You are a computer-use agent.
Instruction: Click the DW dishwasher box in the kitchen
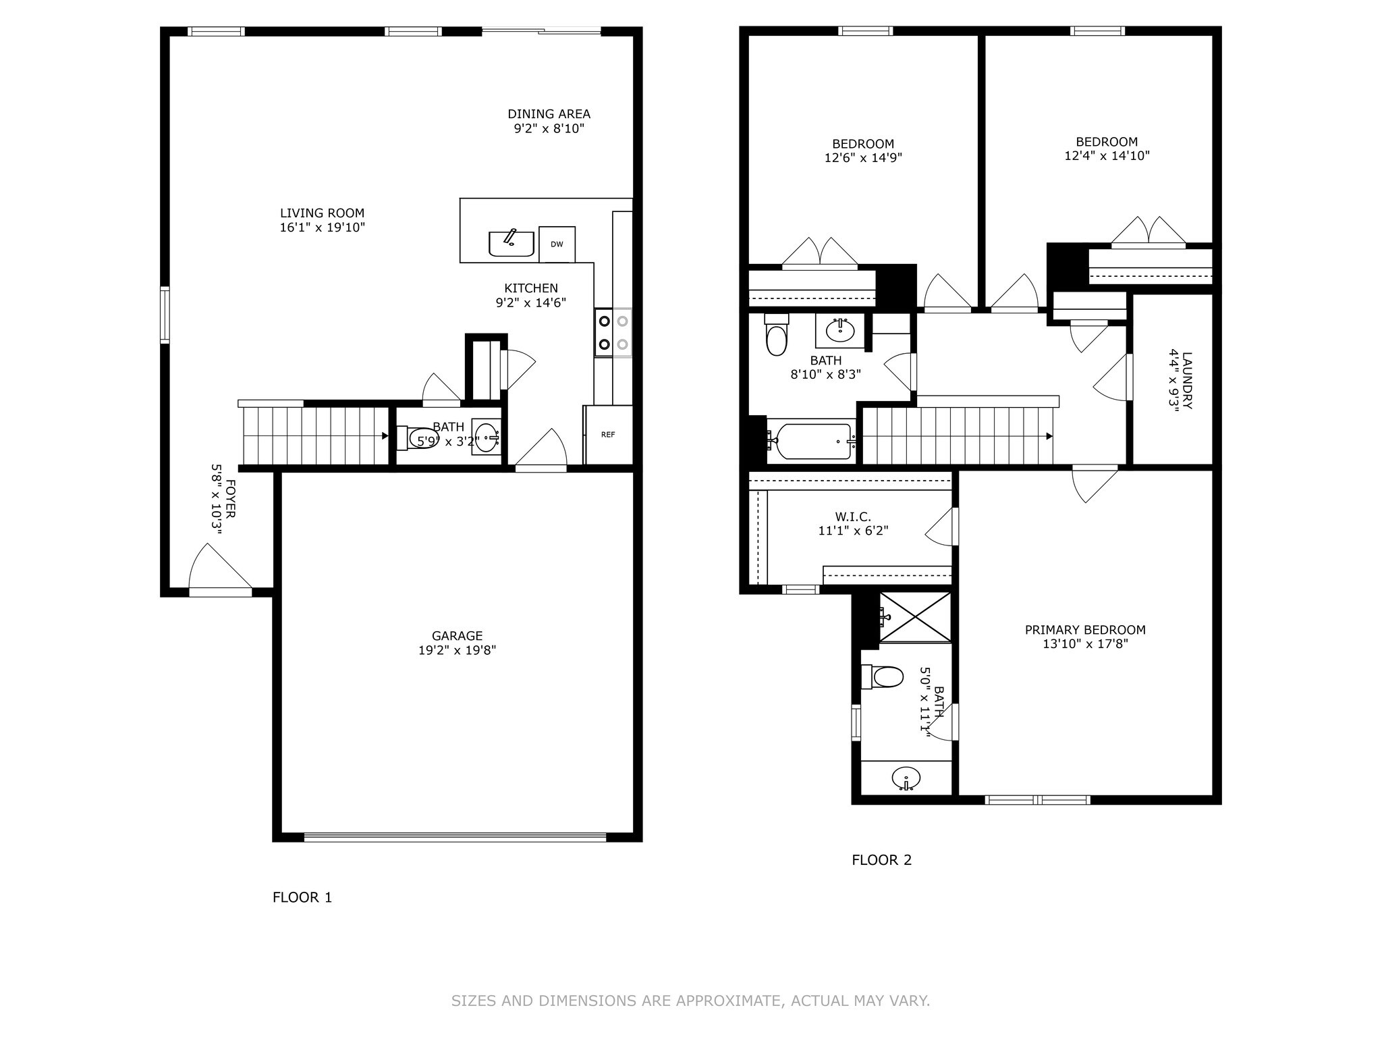pos(557,244)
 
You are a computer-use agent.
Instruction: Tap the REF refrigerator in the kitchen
pos(608,435)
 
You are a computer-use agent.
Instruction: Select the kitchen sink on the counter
pos(512,243)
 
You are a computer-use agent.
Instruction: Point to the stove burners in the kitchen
pos(613,332)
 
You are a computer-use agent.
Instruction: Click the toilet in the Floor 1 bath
pos(418,437)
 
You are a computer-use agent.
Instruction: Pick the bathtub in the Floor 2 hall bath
pos(810,441)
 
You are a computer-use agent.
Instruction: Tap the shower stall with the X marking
pos(915,617)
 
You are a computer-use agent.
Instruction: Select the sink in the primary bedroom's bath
pos(906,778)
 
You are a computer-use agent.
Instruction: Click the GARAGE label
pos(458,636)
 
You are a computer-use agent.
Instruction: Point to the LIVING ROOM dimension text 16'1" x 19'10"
pos(323,228)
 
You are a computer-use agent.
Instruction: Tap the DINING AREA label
pos(549,114)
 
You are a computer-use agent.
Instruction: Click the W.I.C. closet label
pos(853,517)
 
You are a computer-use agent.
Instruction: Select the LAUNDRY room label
pos(1188,380)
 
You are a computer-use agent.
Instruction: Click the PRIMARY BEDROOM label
pos(1085,630)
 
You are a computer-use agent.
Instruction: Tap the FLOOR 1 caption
pos(302,897)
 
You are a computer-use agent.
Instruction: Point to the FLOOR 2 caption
pos(882,860)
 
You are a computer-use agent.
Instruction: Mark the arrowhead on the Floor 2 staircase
pos(1049,436)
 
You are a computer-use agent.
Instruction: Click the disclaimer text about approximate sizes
pos(690,1001)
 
